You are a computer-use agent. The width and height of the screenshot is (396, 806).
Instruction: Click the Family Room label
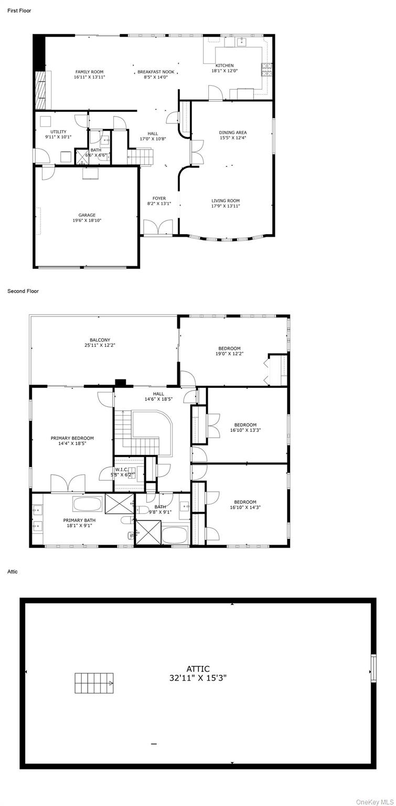point(89,72)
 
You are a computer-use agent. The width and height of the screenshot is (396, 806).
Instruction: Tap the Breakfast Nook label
point(156,72)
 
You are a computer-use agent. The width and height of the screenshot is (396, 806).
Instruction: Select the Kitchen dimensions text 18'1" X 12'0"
point(224,70)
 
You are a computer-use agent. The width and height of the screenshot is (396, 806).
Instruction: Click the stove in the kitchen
point(266,70)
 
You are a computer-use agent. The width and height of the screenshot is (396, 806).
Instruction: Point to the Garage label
point(87,215)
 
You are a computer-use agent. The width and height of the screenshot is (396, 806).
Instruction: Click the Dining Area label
point(233,132)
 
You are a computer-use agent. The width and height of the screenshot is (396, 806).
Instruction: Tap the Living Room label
point(226,201)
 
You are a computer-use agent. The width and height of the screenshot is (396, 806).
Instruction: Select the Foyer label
point(159,198)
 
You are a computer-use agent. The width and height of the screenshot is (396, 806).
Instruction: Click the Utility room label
point(58,132)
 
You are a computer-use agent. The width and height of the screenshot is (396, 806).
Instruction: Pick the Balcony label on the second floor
point(100,340)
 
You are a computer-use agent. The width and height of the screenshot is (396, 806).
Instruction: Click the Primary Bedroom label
point(72,438)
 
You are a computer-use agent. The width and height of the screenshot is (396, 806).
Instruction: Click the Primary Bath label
point(79,520)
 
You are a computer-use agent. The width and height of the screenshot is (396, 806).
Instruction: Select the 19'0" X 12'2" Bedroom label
point(230,351)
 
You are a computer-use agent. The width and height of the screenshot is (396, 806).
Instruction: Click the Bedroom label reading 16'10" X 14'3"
point(245,504)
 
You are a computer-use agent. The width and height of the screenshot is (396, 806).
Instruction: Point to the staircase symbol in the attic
point(94,683)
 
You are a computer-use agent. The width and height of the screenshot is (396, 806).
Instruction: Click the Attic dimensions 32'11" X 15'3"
point(198,678)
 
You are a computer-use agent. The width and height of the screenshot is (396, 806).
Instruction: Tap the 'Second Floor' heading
point(23,291)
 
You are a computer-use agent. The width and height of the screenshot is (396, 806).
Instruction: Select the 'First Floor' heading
point(19,10)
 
